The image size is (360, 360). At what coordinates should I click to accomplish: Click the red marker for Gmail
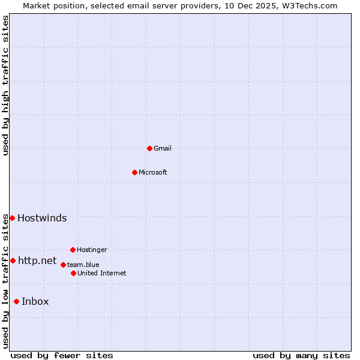point(149,148)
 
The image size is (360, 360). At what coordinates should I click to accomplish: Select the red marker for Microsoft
point(134,172)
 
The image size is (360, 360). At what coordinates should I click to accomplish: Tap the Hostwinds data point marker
point(12,218)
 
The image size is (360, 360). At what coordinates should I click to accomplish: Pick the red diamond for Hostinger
point(73,250)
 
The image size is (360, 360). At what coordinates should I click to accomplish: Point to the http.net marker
point(13,260)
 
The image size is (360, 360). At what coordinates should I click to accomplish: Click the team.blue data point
point(63,265)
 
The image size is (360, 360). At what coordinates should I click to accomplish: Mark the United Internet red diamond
point(73,273)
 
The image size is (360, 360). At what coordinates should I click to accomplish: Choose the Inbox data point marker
point(16,301)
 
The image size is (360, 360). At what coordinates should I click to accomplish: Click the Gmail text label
point(163,148)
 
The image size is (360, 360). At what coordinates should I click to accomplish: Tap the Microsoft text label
point(153,172)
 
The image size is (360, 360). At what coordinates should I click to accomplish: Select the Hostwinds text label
point(42,218)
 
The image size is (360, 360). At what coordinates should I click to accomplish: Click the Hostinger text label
point(92,250)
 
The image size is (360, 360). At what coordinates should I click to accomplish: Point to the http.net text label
point(37,260)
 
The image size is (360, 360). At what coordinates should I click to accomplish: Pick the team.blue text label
point(83,265)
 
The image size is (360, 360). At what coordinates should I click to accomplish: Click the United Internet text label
point(102,273)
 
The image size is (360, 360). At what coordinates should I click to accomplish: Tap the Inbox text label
point(35,301)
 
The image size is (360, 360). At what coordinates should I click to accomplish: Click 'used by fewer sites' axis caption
point(62,355)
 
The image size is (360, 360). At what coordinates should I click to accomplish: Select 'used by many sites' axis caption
point(301,355)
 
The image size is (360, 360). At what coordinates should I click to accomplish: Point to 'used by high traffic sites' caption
point(5,85)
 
